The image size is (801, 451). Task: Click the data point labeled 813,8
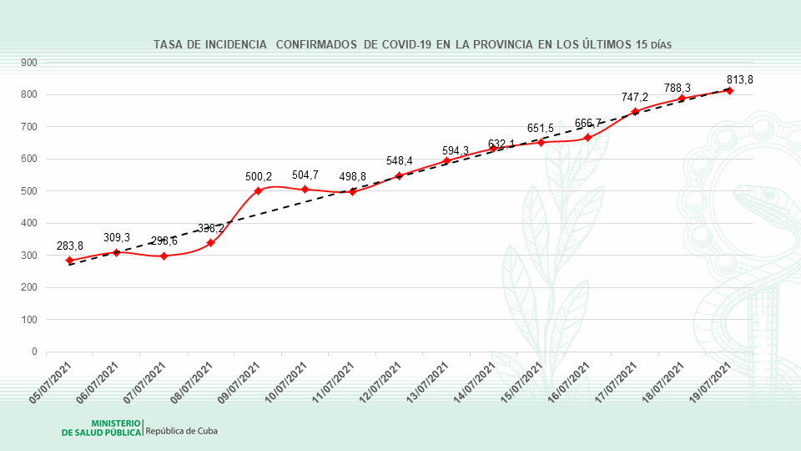pyautogui.click(x=729, y=90)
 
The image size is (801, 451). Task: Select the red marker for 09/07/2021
pyautogui.click(x=258, y=190)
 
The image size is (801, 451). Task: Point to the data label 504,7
pyautogui.click(x=305, y=175)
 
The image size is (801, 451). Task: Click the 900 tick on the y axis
pyautogui.click(x=29, y=63)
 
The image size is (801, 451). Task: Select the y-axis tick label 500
pyautogui.click(x=29, y=191)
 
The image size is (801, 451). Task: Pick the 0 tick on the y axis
pyautogui.click(x=34, y=352)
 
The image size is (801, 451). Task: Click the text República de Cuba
pyautogui.click(x=182, y=431)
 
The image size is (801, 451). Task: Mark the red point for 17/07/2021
pyautogui.click(x=635, y=112)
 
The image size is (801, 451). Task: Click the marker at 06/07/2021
pyautogui.click(x=117, y=252)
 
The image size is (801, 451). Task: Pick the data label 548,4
pyautogui.click(x=399, y=160)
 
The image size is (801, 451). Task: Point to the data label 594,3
pyautogui.click(x=455, y=150)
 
